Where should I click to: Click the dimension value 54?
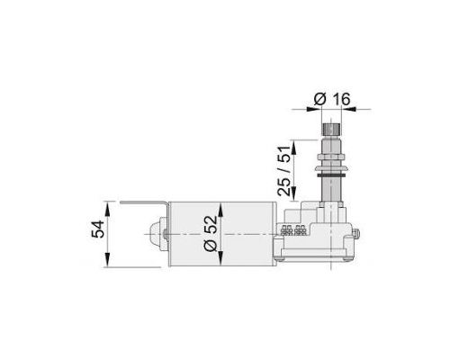[x=98, y=229]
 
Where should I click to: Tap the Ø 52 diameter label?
[x=211, y=233]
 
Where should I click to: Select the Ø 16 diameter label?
[x=332, y=99]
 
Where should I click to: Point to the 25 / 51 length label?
[x=284, y=171]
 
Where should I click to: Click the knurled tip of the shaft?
[x=331, y=129]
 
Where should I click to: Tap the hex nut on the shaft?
[x=331, y=157]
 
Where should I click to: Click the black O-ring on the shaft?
[x=331, y=175]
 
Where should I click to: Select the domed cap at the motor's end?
[x=155, y=235]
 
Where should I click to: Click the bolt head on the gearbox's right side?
[x=356, y=234]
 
